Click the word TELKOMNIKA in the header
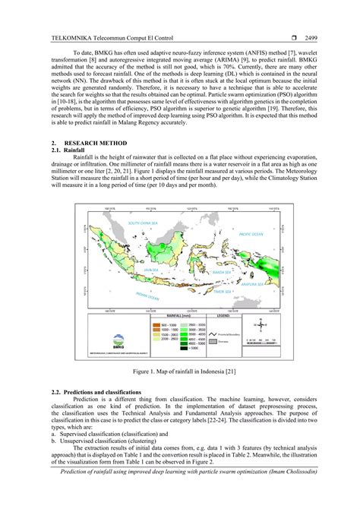click(67, 36)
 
